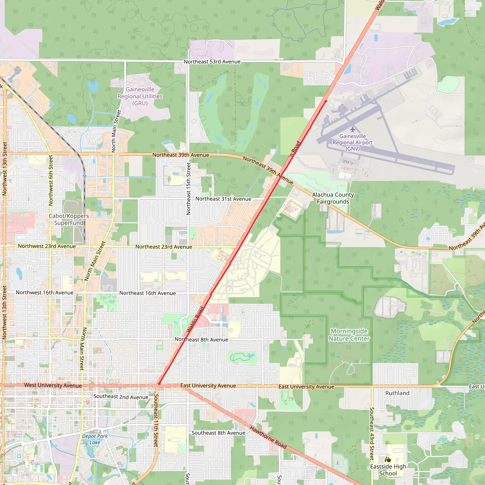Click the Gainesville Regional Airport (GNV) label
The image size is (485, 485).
pos(352,142)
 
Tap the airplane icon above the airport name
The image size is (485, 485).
pos(353,129)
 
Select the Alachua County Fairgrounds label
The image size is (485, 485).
pos(333,198)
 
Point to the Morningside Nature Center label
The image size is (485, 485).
pos(349,335)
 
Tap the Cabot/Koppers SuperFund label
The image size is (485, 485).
pos(69,219)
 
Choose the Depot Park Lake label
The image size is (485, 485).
pos(95,439)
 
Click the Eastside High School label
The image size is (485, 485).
pos(388,470)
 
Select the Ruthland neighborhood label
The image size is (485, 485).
pos(397,393)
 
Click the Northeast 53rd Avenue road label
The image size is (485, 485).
pos(212,62)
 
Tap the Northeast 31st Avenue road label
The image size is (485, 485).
pos(223,199)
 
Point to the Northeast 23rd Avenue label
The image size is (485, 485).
pos(164,247)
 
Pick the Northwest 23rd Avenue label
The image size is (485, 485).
pos(47,246)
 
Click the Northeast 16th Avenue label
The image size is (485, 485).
pos(148,293)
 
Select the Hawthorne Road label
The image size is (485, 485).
pos(268,437)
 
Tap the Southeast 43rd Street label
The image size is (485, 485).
pos(372,434)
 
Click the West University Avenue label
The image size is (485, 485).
pos(53,385)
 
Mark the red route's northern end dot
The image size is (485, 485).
pos(326,101)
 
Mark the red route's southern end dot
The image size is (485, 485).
pos(159,384)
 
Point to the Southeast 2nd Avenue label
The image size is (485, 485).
pos(121,397)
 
